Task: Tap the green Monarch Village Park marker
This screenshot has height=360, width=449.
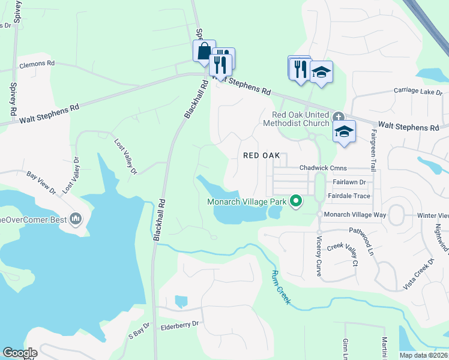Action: (x=295, y=202)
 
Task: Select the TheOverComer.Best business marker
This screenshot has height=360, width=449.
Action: (x=76, y=219)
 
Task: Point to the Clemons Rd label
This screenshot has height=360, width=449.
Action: (x=37, y=63)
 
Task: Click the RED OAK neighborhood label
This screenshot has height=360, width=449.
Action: (x=262, y=155)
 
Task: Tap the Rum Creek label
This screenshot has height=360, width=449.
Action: (x=279, y=287)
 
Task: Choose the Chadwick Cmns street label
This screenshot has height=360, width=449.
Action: (x=323, y=169)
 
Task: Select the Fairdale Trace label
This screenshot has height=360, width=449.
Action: (x=349, y=196)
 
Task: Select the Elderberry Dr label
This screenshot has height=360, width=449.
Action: (x=179, y=328)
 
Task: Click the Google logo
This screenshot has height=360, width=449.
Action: (x=20, y=353)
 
